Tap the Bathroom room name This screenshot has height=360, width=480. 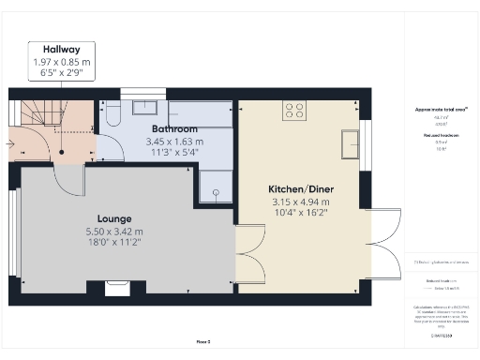174,128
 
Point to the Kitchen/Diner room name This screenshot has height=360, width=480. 302,187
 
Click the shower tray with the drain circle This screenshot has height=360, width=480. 215,187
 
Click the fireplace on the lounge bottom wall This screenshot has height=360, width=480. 118,285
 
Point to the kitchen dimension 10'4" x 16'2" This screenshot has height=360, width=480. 302,213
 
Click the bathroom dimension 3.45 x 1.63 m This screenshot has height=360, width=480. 174,141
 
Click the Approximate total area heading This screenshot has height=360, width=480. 442,110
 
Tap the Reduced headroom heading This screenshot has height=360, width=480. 442,135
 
